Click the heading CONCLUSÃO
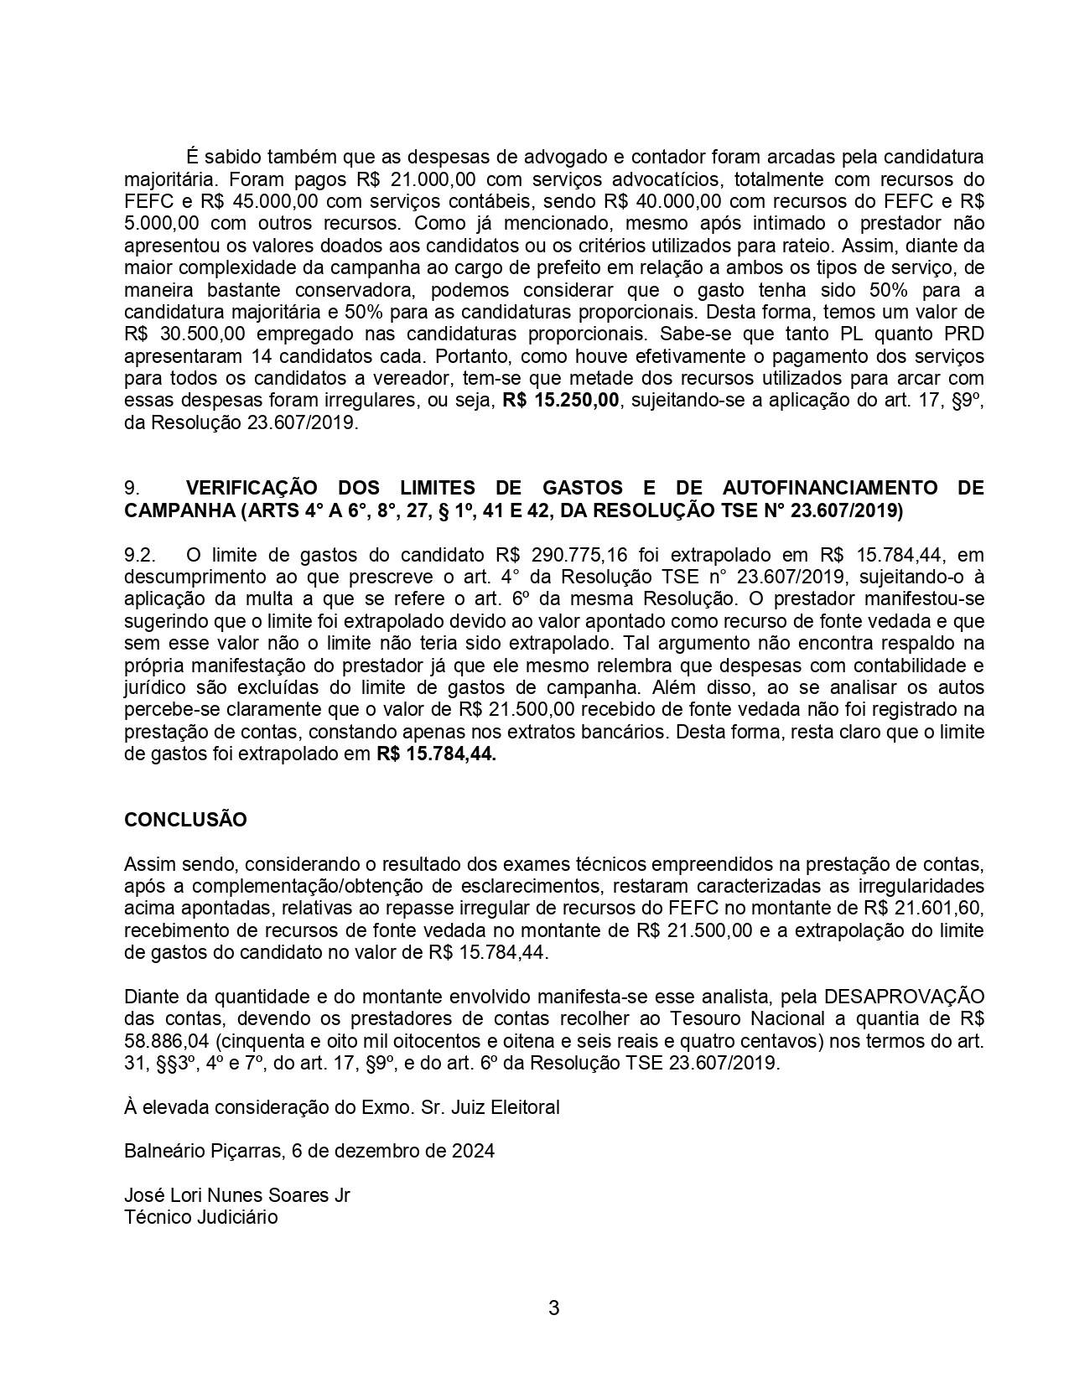[185, 820]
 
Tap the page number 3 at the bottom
[553, 1308]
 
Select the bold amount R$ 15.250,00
[561, 401]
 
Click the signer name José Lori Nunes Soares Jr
[236, 1195]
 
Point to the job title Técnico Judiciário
[200, 1217]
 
